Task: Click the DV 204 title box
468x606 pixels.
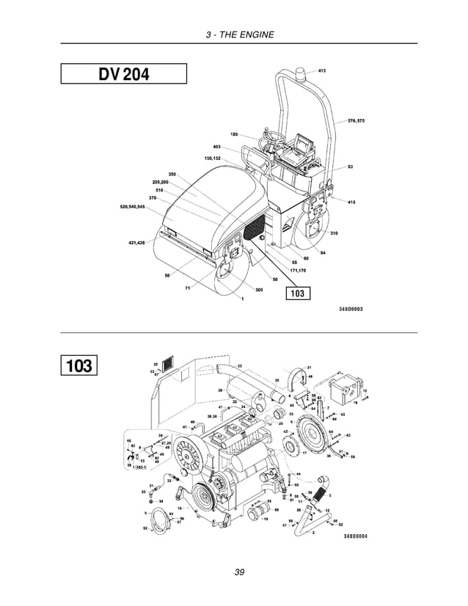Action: pos(123,74)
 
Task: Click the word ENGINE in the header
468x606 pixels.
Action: pos(258,34)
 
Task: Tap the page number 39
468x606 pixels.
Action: pos(239,572)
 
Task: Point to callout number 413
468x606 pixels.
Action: pos(322,71)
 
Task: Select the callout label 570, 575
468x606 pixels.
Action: pos(356,120)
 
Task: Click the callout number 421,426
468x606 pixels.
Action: pos(136,241)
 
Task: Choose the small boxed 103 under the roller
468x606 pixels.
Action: pos(297,293)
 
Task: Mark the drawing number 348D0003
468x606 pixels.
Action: pos(351,309)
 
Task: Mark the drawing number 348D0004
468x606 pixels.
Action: pos(355,536)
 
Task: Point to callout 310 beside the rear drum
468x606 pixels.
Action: pos(334,233)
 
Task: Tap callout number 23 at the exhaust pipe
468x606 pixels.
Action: pos(239,365)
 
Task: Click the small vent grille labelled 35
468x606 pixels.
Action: pos(169,363)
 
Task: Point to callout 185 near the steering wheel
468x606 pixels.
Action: pos(233,134)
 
